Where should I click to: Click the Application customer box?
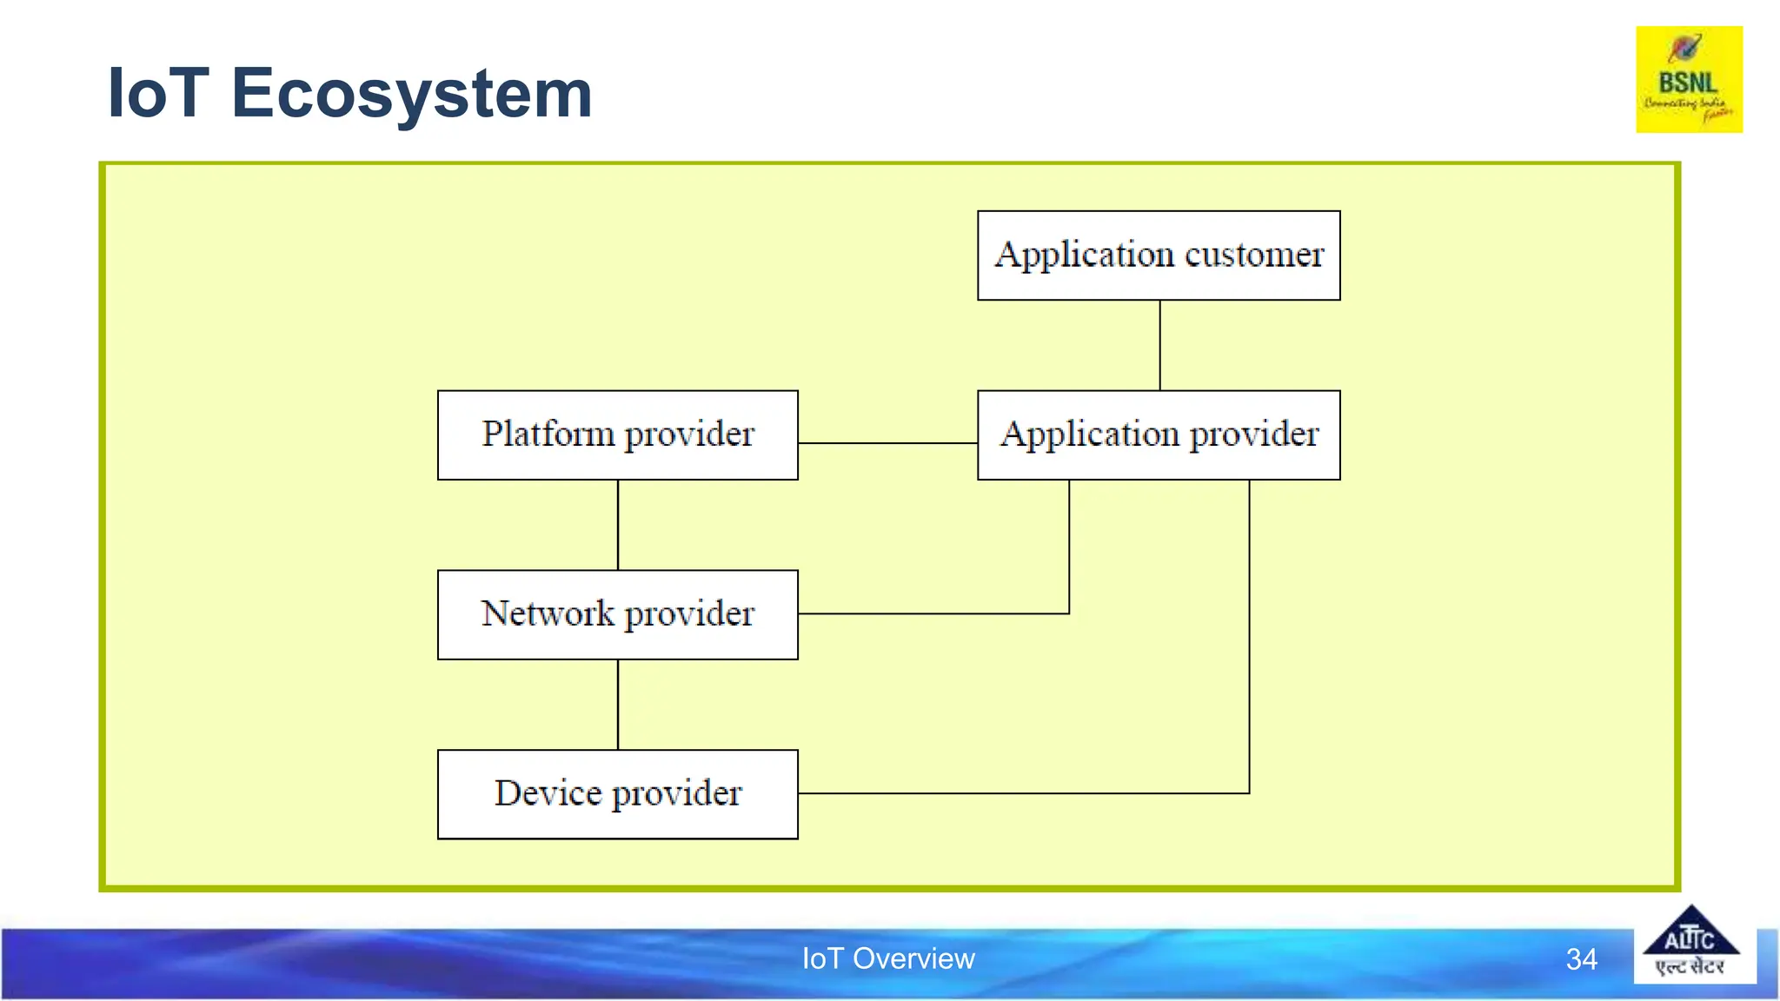(x=1159, y=255)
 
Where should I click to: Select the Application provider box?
(x=1159, y=434)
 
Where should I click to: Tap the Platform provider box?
(x=618, y=434)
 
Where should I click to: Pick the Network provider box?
(x=618, y=614)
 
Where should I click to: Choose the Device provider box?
(x=618, y=793)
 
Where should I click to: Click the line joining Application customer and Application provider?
(x=1159, y=345)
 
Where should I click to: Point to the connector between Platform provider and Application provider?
(x=887, y=443)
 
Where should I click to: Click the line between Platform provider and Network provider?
(x=618, y=525)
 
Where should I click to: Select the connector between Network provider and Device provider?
(x=618, y=704)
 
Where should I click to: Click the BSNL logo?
(x=1689, y=79)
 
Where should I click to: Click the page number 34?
(x=1581, y=959)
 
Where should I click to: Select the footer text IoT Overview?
(x=888, y=958)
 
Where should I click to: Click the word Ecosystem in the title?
(x=411, y=94)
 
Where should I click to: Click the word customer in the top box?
(x=1254, y=255)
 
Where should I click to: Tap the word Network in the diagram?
(x=548, y=613)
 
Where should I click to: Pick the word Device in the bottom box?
(x=548, y=792)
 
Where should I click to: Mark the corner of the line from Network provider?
(x=1069, y=613)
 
